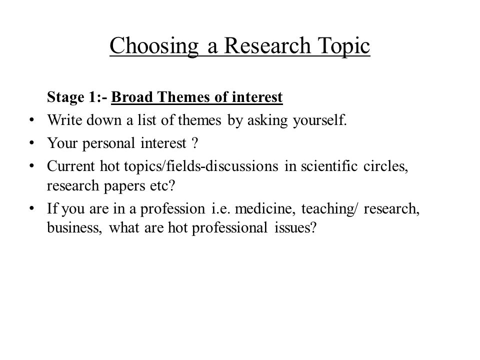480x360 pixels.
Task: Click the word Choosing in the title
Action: point(154,46)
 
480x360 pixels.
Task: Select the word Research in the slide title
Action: point(267,45)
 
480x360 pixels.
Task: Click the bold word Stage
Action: point(65,97)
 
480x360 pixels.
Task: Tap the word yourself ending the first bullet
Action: point(319,120)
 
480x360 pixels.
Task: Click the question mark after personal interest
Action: point(195,143)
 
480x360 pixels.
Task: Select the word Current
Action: point(71,166)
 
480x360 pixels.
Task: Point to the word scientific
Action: point(329,166)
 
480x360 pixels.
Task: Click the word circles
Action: point(385,166)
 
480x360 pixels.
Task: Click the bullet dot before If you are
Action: point(31,208)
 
